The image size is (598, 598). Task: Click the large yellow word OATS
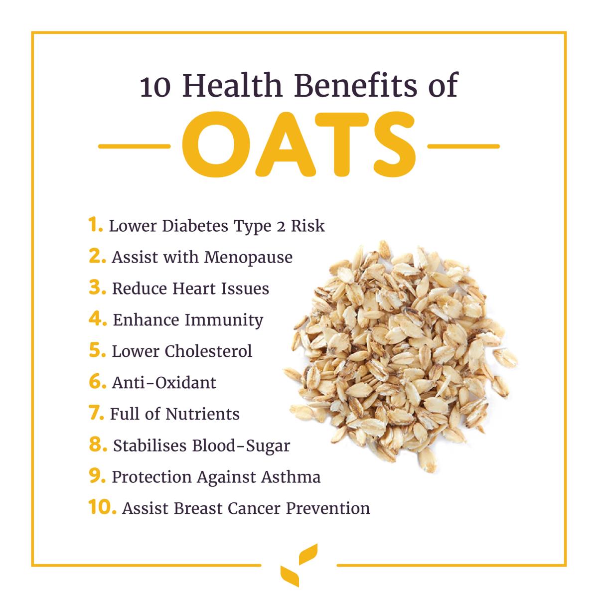pos(299,145)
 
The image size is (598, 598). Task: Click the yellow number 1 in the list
pos(95,224)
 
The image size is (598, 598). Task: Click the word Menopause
pos(248,258)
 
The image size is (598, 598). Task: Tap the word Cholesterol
pos(208,351)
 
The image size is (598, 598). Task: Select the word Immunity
pos(224,321)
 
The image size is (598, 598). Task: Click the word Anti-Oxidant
pos(164,383)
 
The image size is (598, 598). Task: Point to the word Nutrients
pos(202,414)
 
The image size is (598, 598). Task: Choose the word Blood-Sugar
pos(241,447)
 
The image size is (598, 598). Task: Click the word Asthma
pos(291,477)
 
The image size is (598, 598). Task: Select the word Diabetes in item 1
pos(195,226)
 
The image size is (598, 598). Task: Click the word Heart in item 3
pos(194,289)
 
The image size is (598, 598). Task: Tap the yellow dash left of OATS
pos(135,146)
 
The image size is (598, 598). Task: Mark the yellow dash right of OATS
pos(463,146)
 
